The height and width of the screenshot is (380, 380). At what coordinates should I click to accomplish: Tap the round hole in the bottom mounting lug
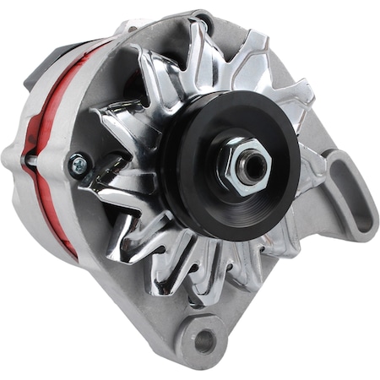(x=204, y=339)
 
